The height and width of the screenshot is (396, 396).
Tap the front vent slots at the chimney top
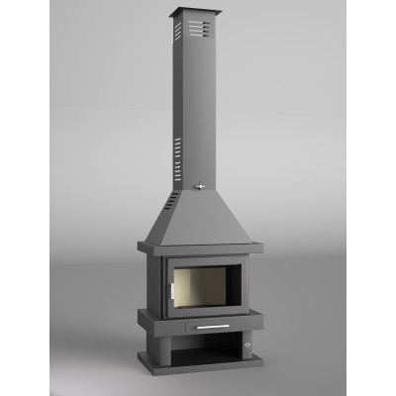tap(205, 27)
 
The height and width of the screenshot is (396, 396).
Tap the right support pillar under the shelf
tap(247, 356)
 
